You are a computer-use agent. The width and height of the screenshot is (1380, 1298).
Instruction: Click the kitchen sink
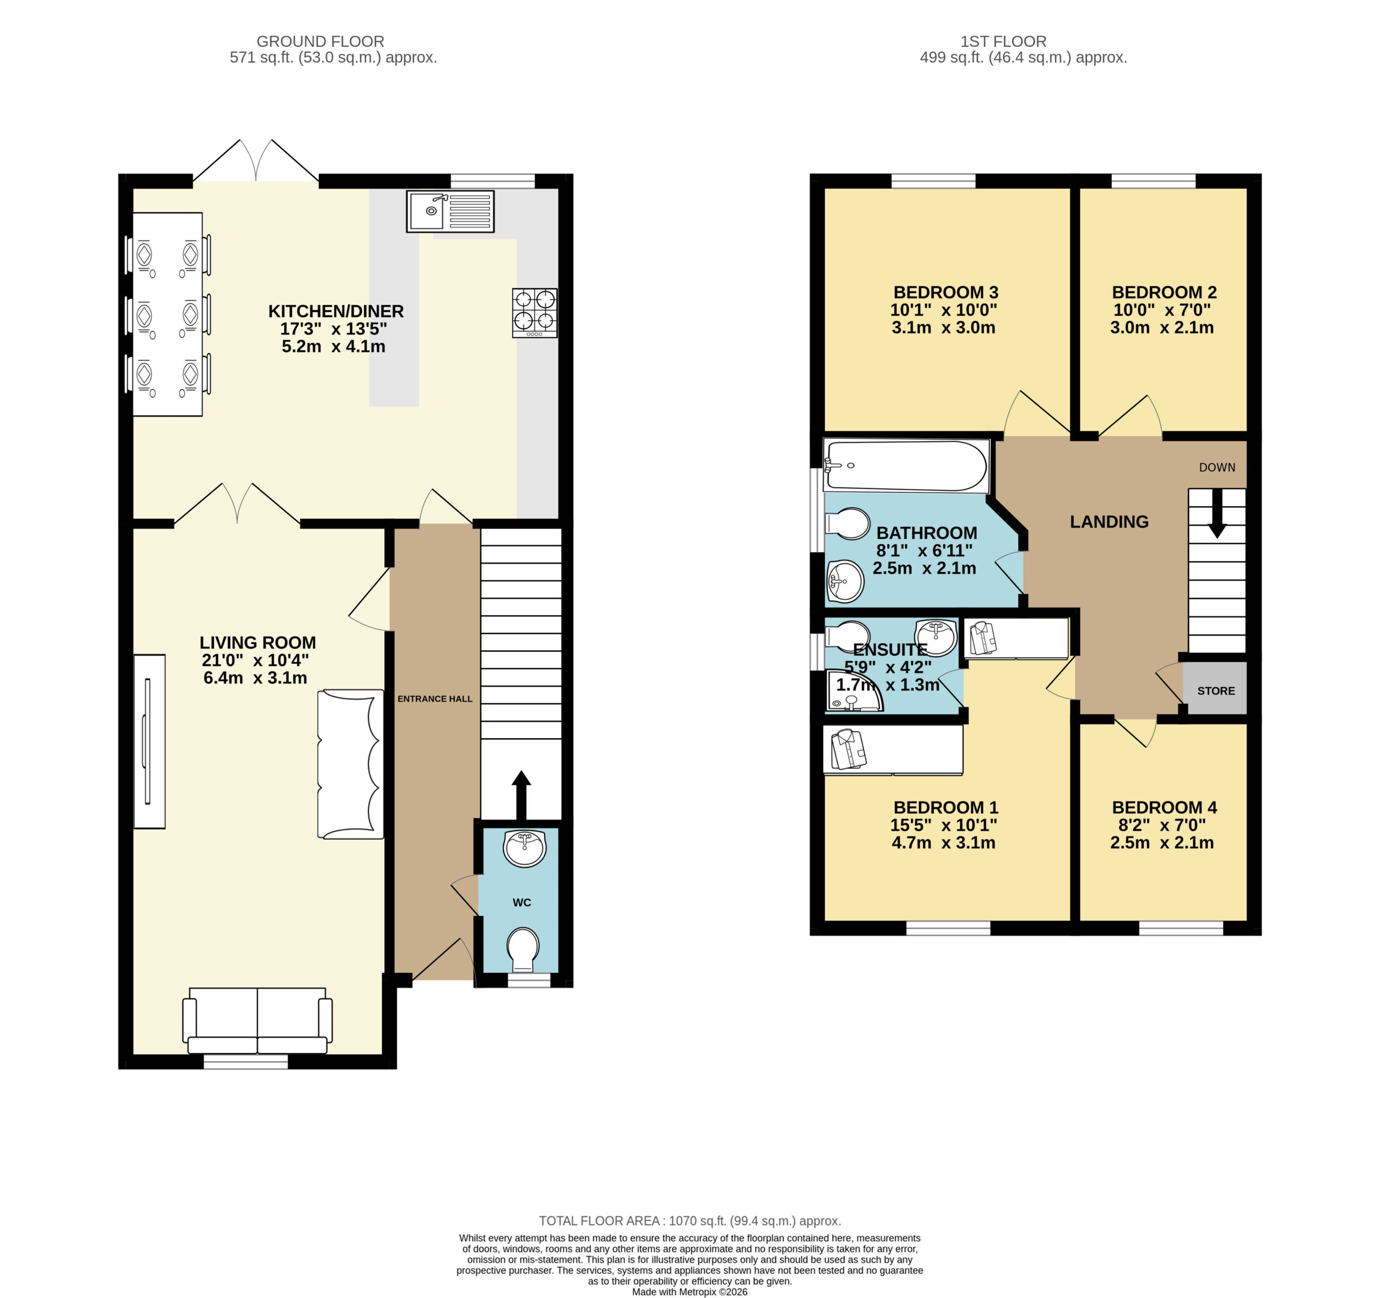pos(450,211)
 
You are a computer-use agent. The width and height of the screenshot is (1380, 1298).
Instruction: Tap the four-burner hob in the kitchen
pos(535,313)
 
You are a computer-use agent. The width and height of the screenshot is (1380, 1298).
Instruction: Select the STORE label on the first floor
pos(1216,690)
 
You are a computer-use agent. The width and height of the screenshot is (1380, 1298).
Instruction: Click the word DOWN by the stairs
pos(1217,468)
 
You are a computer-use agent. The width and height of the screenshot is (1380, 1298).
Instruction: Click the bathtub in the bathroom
pos(905,466)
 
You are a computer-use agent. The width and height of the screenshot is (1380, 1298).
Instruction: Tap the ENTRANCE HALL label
pos(434,699)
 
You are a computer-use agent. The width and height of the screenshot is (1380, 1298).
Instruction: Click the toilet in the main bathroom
pos(847,524)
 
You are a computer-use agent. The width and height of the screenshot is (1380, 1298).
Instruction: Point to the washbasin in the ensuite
pos(936,637)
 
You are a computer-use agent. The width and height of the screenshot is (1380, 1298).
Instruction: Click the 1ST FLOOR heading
pos(1003,42)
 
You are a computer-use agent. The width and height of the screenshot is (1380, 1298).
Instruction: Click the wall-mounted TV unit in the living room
pos(149,741)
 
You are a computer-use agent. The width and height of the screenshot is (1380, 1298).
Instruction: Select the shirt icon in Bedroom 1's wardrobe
pos(849,750)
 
